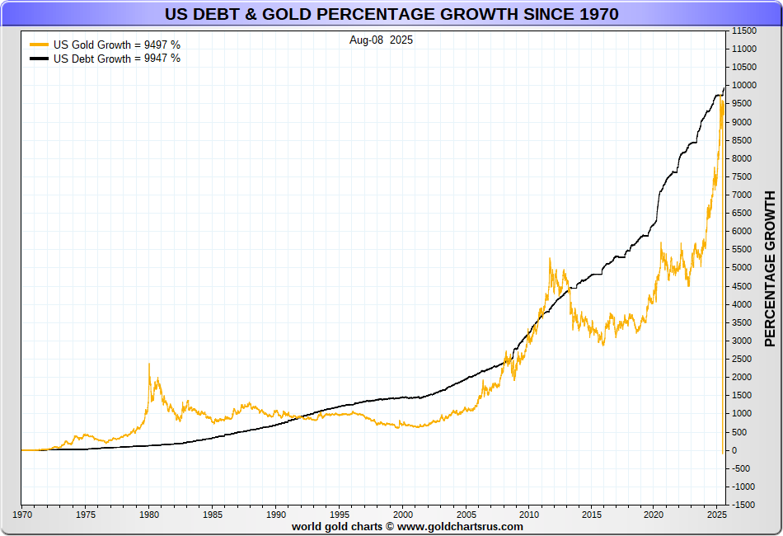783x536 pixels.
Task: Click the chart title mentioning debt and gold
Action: pyautogui.click(x=391, y=14)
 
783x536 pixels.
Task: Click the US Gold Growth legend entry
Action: pyautogui.click(x=105, y=45)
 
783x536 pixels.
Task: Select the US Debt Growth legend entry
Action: pyautogui.click(x=105, y=59)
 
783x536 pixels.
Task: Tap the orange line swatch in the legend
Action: pyautogui.click(x=39, y=45)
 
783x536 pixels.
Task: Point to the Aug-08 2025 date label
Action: pyautogui.click(x=381, y=40)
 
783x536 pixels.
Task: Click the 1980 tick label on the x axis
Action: pyautogui.click(x=149, y=515)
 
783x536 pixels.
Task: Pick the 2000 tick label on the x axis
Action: pyautogui.click(x=403, y=515)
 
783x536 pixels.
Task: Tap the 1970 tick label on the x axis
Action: pyautogui.click(x=22, y=515)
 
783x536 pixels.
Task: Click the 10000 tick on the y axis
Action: pyautogui.click(x=744, y=86)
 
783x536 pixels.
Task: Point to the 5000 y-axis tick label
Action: pyautogui.click(x=742, y=268)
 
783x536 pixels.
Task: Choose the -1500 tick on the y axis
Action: pyautogui.click(x=743, y=505)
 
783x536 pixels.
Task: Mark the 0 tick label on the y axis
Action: pyautogui.click(x=734, y=450)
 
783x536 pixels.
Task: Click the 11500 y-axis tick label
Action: pyautogui.click(x=744, y=31)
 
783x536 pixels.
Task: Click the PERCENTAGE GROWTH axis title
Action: pyautogui.click(x=770, y=269)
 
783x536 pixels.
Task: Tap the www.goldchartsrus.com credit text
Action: pyautogui.click(x=460, y=526)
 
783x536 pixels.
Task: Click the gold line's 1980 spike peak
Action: pyautogui.click(x=149, y=364)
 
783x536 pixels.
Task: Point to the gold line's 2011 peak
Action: pyautogui.click(x=550, y=258)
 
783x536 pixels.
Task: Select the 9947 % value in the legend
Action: pyautogui.click(x=162, y=59)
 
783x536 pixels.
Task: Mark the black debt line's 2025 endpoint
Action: pyautogui.click(x=724, y=88)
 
